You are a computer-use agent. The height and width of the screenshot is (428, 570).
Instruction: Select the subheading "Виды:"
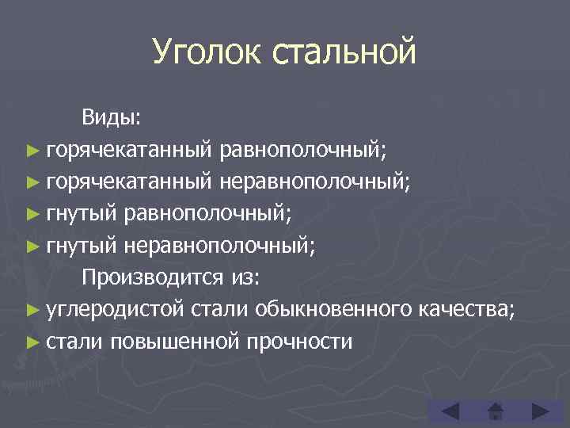tap(111, 118)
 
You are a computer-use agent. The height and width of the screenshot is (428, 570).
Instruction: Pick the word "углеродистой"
tap(115, 309)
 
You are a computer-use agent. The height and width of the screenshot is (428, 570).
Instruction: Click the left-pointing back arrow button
tap(449, 411)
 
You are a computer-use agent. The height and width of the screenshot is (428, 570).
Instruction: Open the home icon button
tap(496, 411)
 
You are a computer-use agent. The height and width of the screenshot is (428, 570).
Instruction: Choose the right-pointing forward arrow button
tap(541, 411)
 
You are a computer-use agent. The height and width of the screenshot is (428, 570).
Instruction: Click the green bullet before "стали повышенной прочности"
tap(32, 342)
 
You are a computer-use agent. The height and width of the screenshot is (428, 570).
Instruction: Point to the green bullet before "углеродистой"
tap(32, 310)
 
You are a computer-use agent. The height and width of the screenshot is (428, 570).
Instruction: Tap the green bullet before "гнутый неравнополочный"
tap(32, 246)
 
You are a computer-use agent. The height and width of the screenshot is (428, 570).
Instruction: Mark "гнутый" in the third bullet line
tap(82, 214)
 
